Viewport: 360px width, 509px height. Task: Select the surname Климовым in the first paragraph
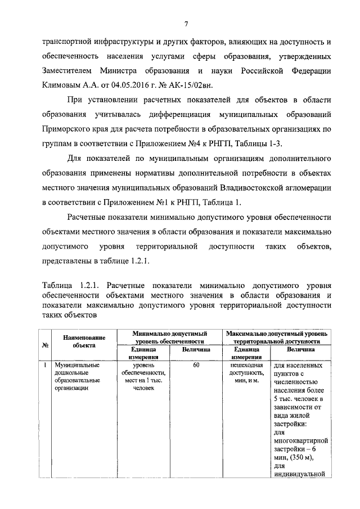pyautogui.click(x=62, y=87)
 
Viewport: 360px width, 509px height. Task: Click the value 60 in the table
pyautogui.click(x=196, y=366)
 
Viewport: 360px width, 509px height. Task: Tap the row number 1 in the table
pyautogui.click(x=44, y=366)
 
